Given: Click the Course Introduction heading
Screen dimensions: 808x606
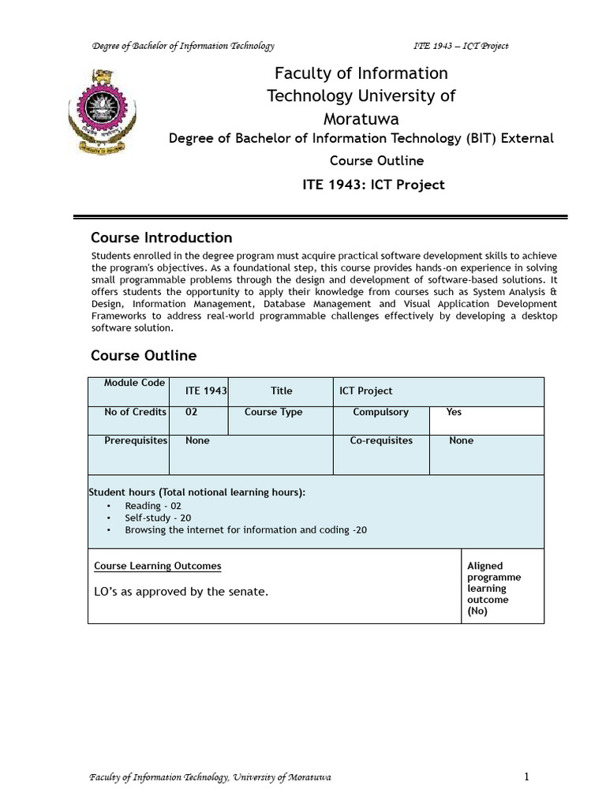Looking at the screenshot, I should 161,238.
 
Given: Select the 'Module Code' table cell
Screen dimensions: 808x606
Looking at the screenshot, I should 135,383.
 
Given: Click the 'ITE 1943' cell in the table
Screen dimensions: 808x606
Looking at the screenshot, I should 205,391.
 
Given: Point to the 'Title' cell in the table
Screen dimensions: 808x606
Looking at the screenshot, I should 281,391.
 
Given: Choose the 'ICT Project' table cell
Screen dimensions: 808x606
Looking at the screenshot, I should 365,391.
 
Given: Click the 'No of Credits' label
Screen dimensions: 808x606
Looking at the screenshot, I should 135,412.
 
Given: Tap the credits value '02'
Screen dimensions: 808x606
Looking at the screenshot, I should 192,412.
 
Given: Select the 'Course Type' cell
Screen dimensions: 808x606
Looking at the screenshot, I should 273,412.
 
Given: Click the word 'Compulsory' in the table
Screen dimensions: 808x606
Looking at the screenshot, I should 380,412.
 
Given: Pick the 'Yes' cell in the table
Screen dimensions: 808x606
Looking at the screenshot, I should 454,412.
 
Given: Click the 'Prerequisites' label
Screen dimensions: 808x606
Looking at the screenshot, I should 135,440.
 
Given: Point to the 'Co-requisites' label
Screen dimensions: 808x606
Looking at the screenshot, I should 381,440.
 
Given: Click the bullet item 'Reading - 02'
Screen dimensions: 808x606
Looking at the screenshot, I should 153,506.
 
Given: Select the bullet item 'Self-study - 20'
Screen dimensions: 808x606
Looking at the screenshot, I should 158,518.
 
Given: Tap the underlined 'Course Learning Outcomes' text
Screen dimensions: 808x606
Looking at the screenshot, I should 158,566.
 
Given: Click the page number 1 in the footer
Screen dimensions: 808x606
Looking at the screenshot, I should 526,777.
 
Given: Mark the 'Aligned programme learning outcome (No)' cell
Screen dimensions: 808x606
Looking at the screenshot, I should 494,588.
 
